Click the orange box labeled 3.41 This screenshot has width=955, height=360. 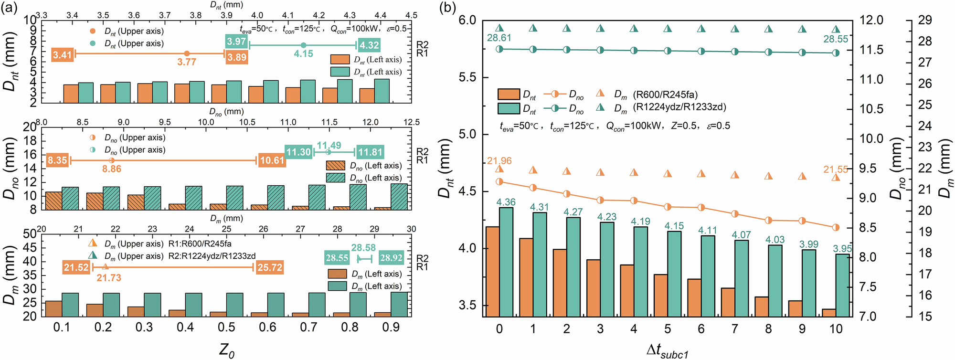(x=63, y=55)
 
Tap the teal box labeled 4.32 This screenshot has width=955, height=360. (x=369, y=45)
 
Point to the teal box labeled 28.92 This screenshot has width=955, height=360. (x=391, y=258)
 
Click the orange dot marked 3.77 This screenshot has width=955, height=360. (x=187, y=54)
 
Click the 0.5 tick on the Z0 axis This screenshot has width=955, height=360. (x=226, y=328)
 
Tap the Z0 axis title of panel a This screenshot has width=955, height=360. (x=227, y=349)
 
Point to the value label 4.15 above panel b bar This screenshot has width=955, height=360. (x=674, y=225)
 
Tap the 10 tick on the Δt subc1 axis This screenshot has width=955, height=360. (x=836, y=329)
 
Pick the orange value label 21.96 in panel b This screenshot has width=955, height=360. (x=499, y=161)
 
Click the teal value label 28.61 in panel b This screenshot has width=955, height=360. (x=499, y=38)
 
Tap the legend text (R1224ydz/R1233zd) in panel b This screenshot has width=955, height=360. (x=679, y=107)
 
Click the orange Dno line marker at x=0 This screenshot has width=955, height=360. (x=499, y=181)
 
